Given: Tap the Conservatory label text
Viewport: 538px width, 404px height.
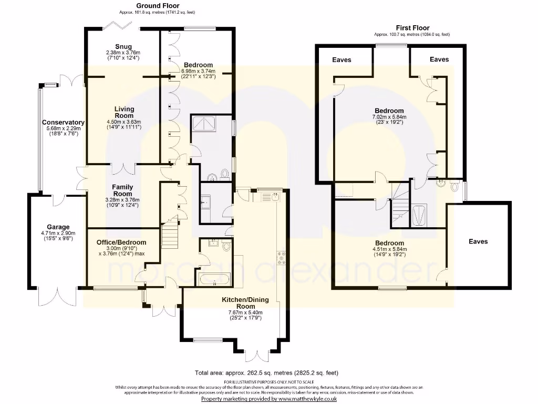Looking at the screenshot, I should [x=63, y=123].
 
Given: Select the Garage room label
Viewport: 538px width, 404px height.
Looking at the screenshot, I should [x=57, y=227].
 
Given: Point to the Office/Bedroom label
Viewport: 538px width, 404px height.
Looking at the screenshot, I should [x=121, y=243].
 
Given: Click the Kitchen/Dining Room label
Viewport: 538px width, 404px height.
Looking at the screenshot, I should [x=245, y=303].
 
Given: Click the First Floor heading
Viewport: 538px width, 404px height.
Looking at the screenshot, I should [x=412, y=28].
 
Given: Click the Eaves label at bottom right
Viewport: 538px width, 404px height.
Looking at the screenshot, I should [x=478, y=241].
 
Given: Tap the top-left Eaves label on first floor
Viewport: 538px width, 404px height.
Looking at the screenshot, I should [x=342, y=60].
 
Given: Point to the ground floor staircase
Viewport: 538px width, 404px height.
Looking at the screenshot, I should [x=170, y=234].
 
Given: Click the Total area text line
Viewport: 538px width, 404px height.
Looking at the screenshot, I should [x=266, y=373].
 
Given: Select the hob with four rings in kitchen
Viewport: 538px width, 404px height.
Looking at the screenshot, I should [x=281, y=256].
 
